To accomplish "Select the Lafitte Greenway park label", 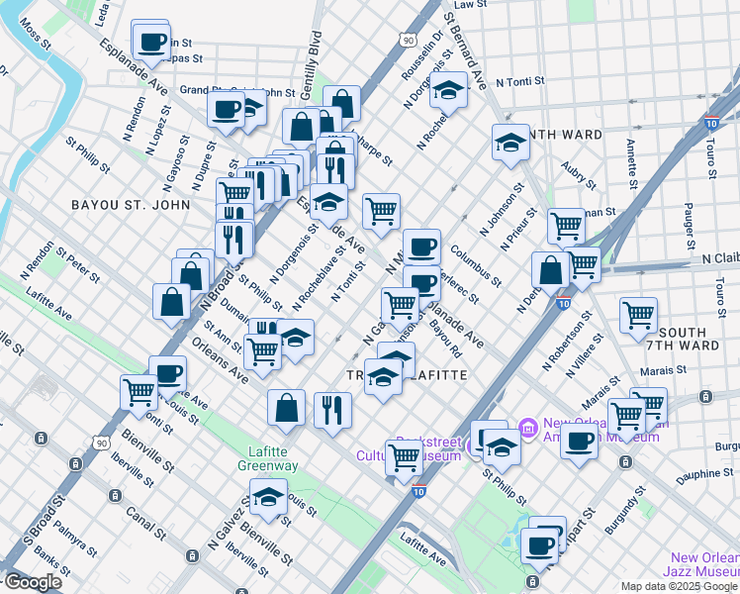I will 268,458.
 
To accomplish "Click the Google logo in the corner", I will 33,582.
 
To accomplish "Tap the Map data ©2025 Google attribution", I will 679,586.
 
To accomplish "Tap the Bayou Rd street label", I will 445,337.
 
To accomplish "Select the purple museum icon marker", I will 527,428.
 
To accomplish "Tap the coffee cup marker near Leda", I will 151,42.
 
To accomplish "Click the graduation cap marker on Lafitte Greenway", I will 268,497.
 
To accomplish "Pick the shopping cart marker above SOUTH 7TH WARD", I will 638,315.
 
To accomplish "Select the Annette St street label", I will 631,162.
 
